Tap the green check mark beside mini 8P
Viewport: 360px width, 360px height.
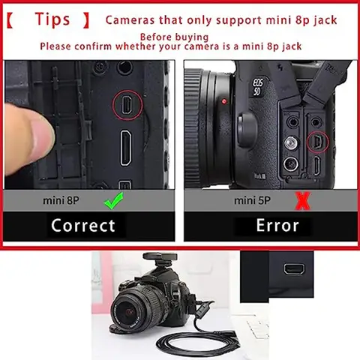click(x=114, y=201)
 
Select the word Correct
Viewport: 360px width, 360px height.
click(x=83, y=225)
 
